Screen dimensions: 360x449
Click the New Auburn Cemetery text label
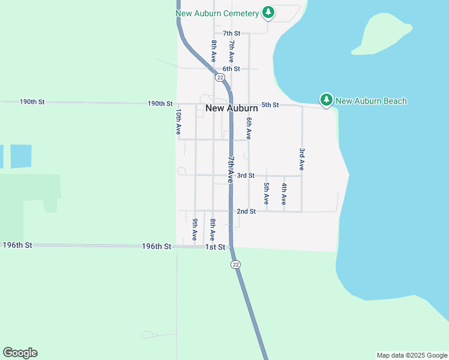(x=217, y=13)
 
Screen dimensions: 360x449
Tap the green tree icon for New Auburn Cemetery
(x=268, y=13)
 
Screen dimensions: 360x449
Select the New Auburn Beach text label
(x=371, y=101)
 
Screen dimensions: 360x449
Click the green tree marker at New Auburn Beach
(x=326, y=100)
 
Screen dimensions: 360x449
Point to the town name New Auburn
(x=232, y=108)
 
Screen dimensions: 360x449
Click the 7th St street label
(x=231, y=34)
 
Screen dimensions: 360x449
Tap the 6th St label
(x=231, y=69)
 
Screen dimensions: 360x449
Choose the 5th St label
(x=270, y=105)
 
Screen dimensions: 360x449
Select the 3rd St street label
(x=246, y=176)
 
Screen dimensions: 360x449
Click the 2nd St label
(x=246, y=211)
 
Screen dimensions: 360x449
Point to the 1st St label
(x=215, y=247)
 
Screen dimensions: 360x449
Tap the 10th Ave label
(x=178, y=121)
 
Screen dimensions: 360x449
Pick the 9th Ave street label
(x=194, y=230)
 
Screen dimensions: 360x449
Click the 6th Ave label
(x=249, y=128)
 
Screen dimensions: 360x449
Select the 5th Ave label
(x=267, y=193)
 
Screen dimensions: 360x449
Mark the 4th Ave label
(x=284, y=193)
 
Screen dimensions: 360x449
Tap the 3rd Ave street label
(x=302, y=159)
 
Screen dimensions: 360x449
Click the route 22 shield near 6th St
(x=220, y=77)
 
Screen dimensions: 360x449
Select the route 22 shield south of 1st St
(x=235, y=265)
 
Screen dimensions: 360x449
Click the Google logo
(x=20, y=353)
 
